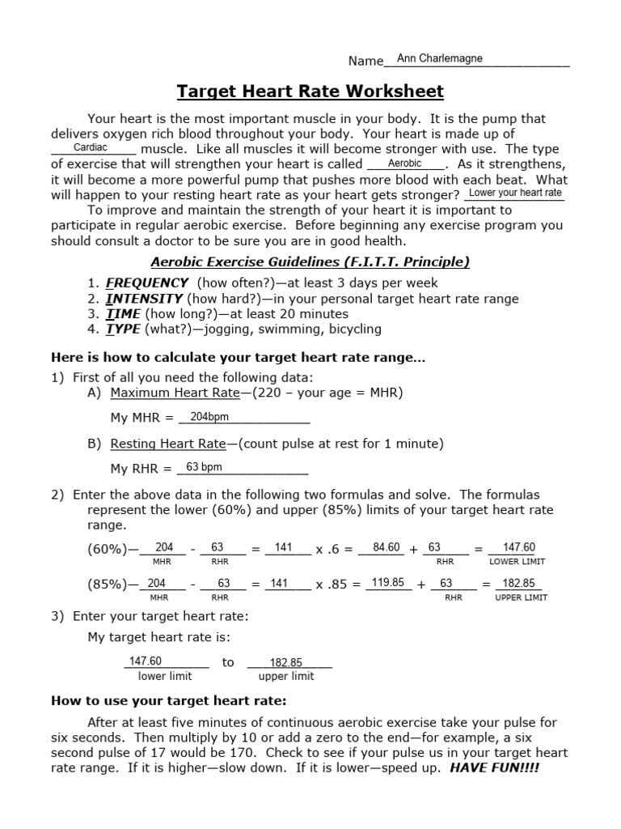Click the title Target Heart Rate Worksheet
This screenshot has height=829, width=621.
pos(310,91)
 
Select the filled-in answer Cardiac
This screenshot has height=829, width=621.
pos(91,148)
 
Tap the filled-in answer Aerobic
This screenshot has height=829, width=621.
pos(405,164)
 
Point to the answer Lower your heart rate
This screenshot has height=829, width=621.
pos(515,193)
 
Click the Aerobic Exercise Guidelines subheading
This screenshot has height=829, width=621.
pos(310,261)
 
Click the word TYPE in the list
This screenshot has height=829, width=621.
pos(123,329)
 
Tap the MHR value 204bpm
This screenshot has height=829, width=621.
pos(209,417)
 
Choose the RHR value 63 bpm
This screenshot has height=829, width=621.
pos(204,467)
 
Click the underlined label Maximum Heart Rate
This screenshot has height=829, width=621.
pos(175,393)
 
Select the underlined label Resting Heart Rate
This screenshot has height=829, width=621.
pos(167,444)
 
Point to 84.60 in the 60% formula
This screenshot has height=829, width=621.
pos(387,547)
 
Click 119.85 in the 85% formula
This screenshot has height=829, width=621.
pos(387,582)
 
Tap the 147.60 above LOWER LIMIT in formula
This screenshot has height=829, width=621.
pos(518,547)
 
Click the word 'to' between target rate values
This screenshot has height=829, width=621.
pos(228,662)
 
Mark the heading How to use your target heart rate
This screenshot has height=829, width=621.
pos(169,700)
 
